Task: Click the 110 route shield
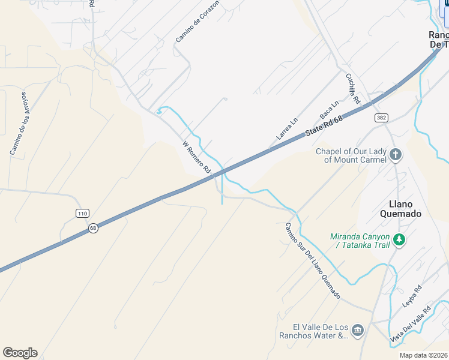click(x=83, y=213)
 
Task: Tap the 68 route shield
click(x=93, y=228)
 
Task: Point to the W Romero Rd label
click(x=196, y=157)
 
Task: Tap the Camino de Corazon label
click(x=197, y=21)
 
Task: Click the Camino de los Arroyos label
click(x=19, y=124)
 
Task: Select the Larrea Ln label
click(x=287, y=129)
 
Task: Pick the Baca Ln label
click(x=330, y=109)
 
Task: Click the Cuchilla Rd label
click(x=352, y=88)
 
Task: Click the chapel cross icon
click(x=396, y=155)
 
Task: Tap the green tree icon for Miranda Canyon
click(x=399, y=241)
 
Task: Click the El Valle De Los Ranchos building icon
click(x=358, y=331)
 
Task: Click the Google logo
click(x=20, y=353)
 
